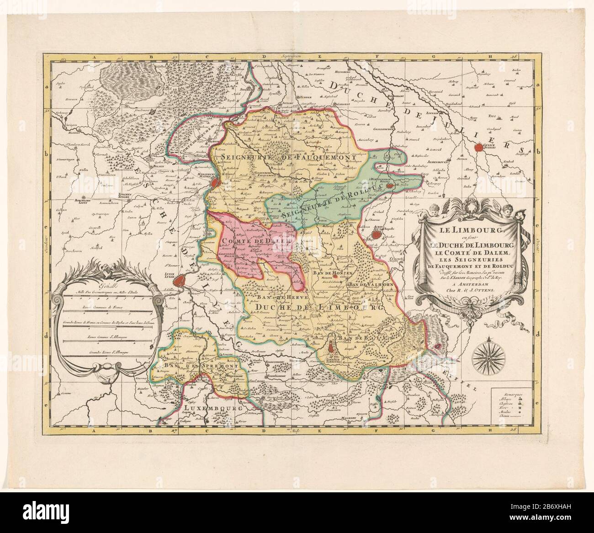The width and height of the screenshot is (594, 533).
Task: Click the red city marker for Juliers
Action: coord(478,147)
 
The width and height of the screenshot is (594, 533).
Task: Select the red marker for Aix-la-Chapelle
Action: coord(376,235)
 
